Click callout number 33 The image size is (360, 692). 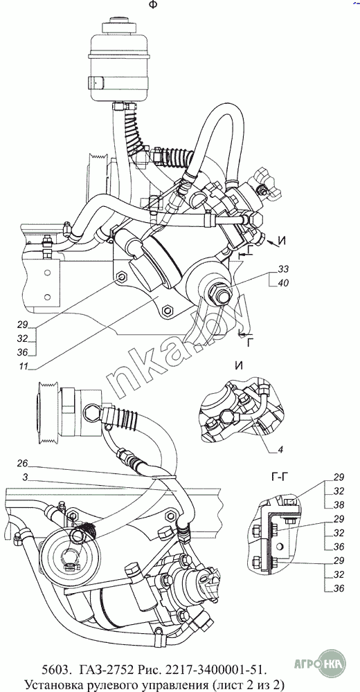pos(283,268)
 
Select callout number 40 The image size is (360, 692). pos(283,283)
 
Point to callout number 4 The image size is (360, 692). pos(280,450)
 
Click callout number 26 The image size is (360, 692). pos(23,464)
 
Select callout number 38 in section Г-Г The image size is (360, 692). pos(339,504)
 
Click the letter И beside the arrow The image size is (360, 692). pos(282,241)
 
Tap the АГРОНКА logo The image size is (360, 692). pos(321,662)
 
